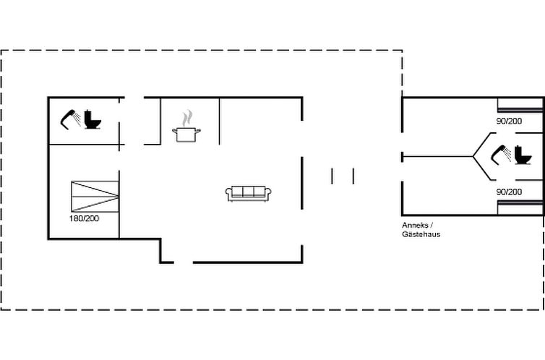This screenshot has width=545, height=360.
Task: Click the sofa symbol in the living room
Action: coord(248,194)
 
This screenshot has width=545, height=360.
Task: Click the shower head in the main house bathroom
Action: coord(71,119)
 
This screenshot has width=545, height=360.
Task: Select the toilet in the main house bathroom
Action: coord(93,119)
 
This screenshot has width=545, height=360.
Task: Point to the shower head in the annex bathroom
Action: coord(501,154)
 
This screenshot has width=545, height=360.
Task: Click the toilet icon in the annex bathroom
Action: coord(523,155)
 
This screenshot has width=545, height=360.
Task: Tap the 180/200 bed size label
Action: coord(84,218)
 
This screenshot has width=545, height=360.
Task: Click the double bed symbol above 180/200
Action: coord(95,197)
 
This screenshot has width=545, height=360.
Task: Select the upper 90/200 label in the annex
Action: coord(509,121)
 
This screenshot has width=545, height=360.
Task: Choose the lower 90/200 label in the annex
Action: coord(509,192)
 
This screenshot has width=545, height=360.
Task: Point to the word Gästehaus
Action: coord(421,234)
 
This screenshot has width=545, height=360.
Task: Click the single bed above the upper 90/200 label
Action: coord(520,106)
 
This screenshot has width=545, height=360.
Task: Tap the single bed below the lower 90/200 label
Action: coord(520,207)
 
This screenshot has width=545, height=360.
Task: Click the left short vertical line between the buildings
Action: coord(332,176)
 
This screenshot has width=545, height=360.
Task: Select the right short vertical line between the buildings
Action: coord(353,176)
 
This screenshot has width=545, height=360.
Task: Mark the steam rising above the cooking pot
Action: coord(187,118)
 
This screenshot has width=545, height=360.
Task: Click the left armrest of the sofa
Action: coord(228,194)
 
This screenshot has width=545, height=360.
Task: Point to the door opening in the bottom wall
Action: coord(184,262)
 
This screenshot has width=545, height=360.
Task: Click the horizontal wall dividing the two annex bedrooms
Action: coord(437,157)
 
